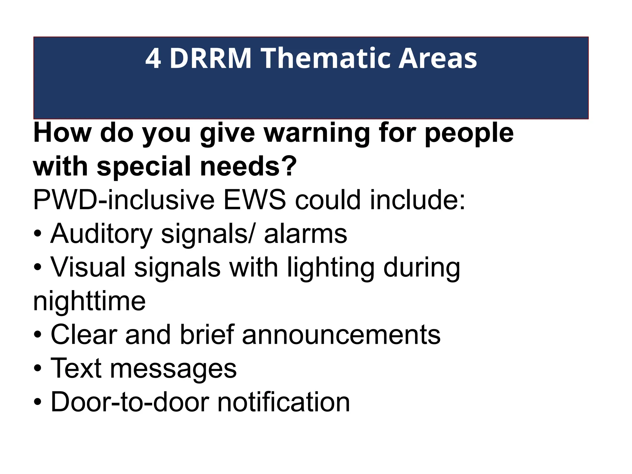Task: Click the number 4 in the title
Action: pyautogui.click(x=153, y=59)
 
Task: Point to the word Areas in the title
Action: pyautogui.click(x=438, y=59)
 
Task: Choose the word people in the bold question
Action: pyautogui.click(x=469, y=133)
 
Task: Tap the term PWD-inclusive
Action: pyautogui.click(x=123, y=201)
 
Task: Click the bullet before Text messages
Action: pyautogui.click(x=37, y=369)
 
